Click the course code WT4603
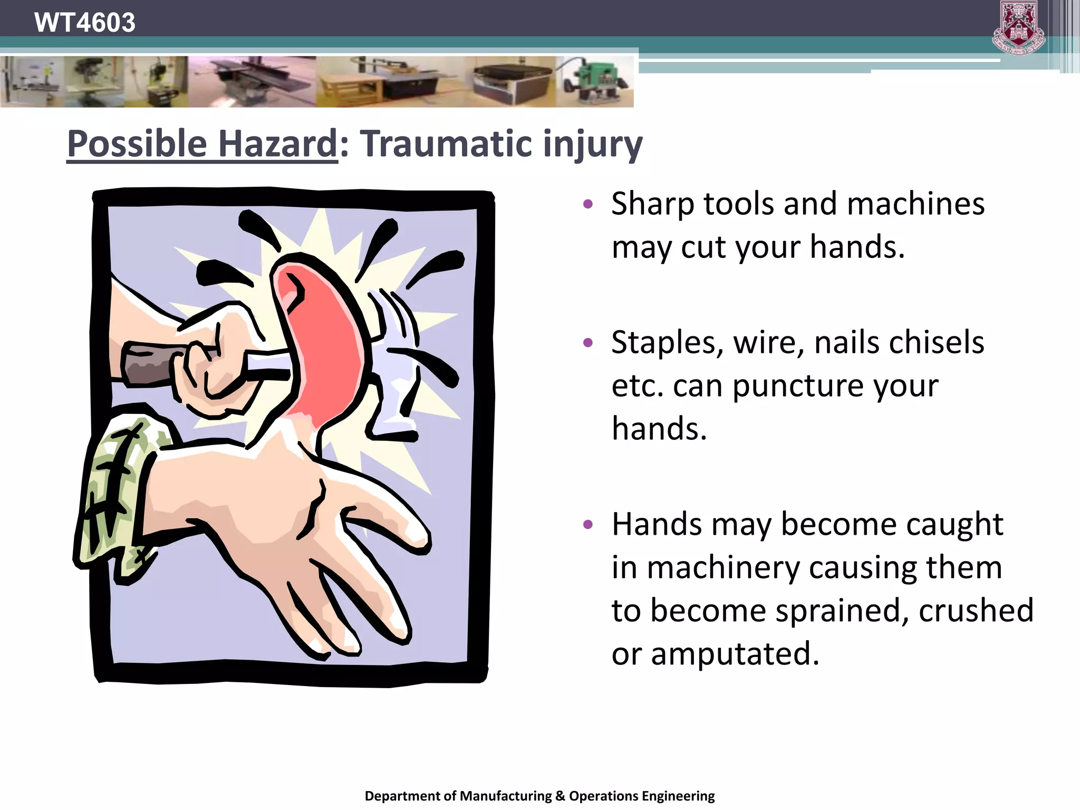(x=84, y=23)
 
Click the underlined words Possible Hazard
(x=202, y=144)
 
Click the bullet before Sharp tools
(x=589, y=204)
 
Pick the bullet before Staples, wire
(x=589, y=343)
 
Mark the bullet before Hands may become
(x=589, y=525)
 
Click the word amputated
(x=735, y=654)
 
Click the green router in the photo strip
(x=596, y=82)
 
